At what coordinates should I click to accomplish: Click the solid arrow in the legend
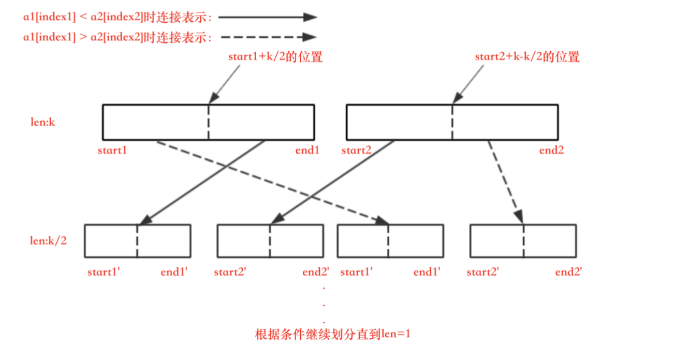coord(267,17)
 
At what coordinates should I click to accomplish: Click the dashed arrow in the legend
coord(267,37)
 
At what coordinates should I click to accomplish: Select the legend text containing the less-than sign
coord(118,18)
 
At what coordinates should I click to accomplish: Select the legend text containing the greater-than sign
coord(118,37)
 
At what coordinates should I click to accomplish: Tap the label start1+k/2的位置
coord(275,57)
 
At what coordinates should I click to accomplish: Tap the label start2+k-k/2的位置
coord(527,57)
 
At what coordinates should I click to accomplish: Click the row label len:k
coord(42,123)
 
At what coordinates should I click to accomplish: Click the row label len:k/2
coord(48,241)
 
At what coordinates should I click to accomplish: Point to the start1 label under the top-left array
coord(112,151)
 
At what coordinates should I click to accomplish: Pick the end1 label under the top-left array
coord(307,151)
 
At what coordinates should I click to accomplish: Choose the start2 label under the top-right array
coord(357,151)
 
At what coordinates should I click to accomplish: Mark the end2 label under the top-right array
coord(551,151)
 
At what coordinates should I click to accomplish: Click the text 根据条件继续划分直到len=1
coord(333,334)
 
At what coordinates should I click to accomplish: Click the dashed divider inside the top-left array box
coord(209,123)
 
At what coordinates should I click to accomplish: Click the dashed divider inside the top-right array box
coord(452,123)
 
